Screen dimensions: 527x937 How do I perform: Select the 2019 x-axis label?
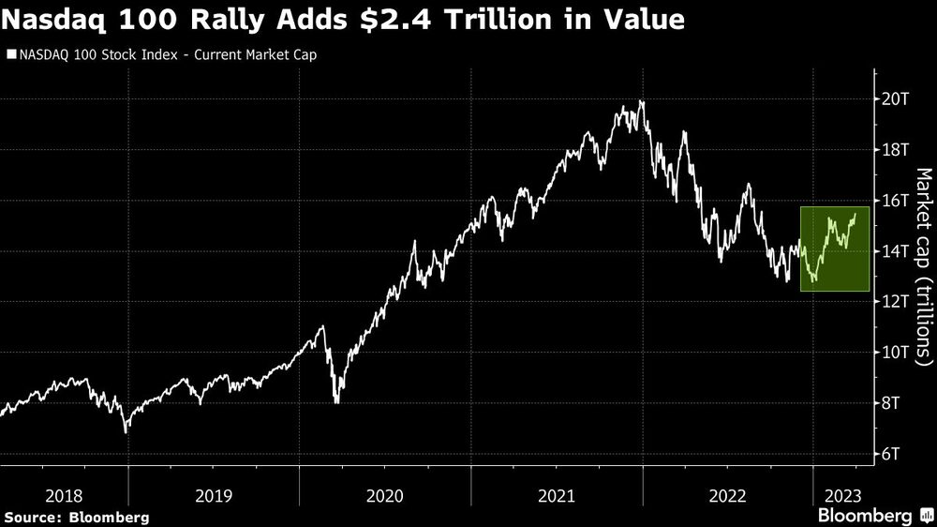(x=215, y=493)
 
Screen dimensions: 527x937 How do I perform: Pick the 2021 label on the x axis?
(x=558, y=493)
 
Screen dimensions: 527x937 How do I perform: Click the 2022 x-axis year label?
(x=729, y=493)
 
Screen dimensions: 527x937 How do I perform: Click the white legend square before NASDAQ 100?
(x=10, y=55)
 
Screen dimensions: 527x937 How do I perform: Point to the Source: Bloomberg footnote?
(x=76, y=517)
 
